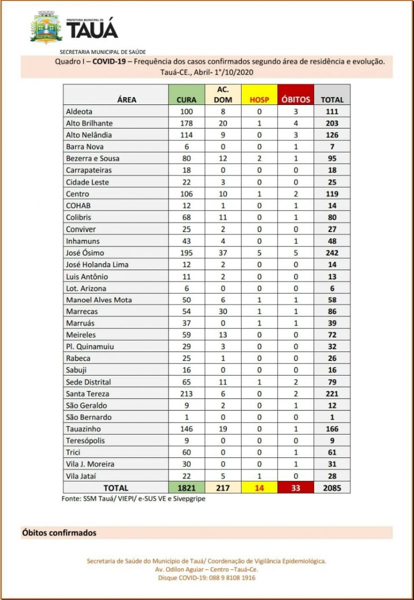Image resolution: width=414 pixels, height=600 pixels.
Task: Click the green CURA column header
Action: click(x=186, y=95)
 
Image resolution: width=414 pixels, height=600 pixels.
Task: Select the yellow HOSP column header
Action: click(x=259, y=95)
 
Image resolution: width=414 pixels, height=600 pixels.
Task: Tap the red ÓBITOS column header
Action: click(x=295, y=95)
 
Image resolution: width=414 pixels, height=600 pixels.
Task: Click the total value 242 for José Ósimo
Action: click(x=332, y=253)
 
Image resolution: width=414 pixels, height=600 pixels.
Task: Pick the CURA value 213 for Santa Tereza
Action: click(x=186, y=393)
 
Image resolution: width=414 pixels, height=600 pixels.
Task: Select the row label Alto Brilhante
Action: click(x=89, y=123)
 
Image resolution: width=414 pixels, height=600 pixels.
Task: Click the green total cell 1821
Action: click(x=186, y=487)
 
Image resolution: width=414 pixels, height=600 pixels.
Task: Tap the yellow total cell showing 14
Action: click(x=259, y=487)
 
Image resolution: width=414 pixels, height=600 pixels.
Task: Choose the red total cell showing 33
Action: click(x=295, y=487)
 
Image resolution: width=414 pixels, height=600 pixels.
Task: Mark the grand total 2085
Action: click(x=332, y=487)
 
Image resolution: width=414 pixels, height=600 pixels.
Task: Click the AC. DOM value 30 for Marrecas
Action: click(x=223, y=311)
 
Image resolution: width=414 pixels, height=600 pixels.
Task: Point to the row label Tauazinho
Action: click(x=83, y=428)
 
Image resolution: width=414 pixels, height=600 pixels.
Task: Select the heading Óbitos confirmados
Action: click(x=59, y=533)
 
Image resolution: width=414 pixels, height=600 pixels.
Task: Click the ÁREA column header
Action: click(x=126, y=99)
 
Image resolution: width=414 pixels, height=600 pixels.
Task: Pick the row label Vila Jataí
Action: click(x=81, y=475)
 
